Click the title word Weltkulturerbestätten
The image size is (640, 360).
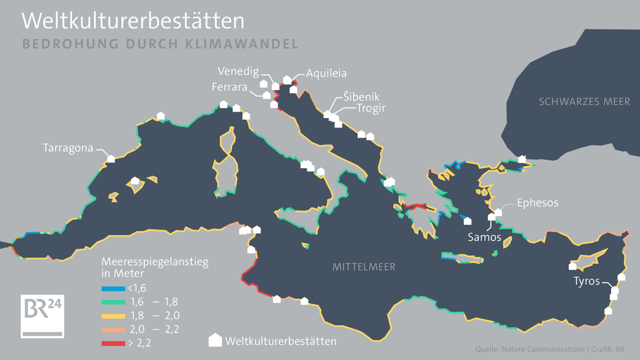pos(132,21)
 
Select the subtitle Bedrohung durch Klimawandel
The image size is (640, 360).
pos(159,44)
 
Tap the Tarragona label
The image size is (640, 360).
pos(67,148)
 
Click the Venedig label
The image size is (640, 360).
pos(238,71)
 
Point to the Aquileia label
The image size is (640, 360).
pos(326,73)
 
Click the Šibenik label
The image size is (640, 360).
pos(361,97)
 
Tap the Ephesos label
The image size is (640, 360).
pos(537,202)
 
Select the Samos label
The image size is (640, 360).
pos(484,237)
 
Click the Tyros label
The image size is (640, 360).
pos(586,281)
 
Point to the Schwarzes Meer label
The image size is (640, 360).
pos(584,101)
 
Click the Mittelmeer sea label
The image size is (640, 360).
pos(364,267)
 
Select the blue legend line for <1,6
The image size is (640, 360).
pos(112,288)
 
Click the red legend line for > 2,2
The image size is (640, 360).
pos(112,342)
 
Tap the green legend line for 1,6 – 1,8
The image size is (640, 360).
pos(112,302)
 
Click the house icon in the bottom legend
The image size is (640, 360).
pos(215,340)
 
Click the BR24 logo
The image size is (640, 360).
pos(42,316)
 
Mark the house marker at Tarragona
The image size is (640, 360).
pos(111,158)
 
